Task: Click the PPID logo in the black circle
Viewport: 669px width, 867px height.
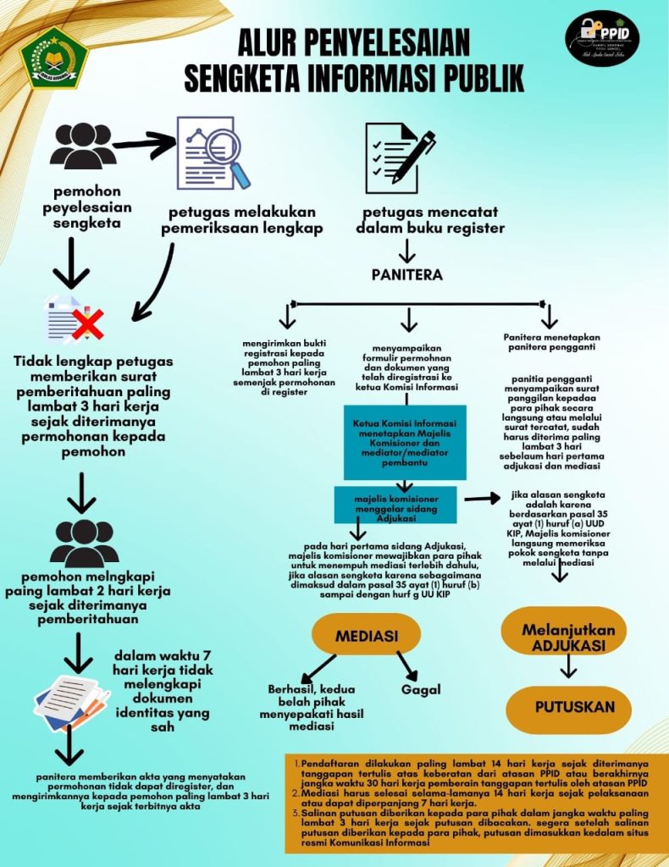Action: [602, 39]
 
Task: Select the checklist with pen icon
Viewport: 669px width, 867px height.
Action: [399, 157]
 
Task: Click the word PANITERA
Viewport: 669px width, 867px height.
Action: [406, 275]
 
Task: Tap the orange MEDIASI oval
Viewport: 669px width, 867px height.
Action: [367, 635]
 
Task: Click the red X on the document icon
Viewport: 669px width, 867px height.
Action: [87, 323]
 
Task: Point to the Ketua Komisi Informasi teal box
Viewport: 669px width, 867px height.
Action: [400, 442]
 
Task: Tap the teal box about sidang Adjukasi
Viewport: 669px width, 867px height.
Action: [395, 504]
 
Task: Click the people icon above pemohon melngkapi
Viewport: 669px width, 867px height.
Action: [84, 543]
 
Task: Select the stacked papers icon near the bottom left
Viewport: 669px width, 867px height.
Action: [71, 701]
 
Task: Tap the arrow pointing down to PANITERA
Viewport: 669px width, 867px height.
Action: [407, 251]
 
